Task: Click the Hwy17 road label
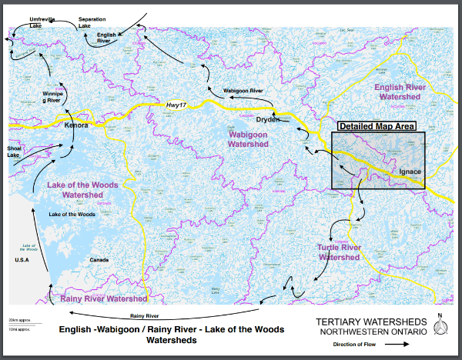point(177,105)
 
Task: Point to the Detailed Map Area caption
point(377,126)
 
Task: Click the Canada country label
point(101,260)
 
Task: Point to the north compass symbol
point(440,327)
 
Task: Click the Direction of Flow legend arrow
point(397,345)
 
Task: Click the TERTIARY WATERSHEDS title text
point(369,321)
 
